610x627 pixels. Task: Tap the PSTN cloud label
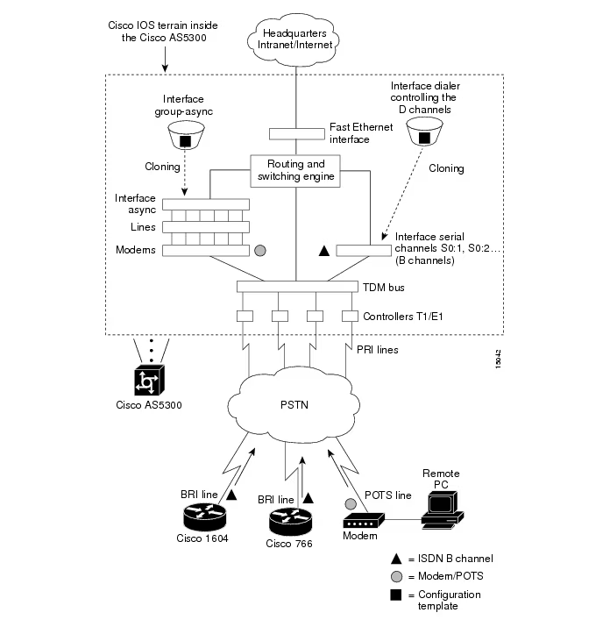[x=294, y=408]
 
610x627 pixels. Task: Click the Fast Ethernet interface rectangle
[x=295, y=133]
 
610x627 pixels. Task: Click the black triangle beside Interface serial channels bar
[x=323, y=251]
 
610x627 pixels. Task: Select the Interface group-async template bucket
[x=185, y=137]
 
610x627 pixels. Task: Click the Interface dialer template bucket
[x=423, y=134]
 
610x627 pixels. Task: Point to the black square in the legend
[x=397, y=595]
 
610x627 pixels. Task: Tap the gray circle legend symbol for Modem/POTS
[x=397, y=576]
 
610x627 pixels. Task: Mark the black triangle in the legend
[x=397, y=559]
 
